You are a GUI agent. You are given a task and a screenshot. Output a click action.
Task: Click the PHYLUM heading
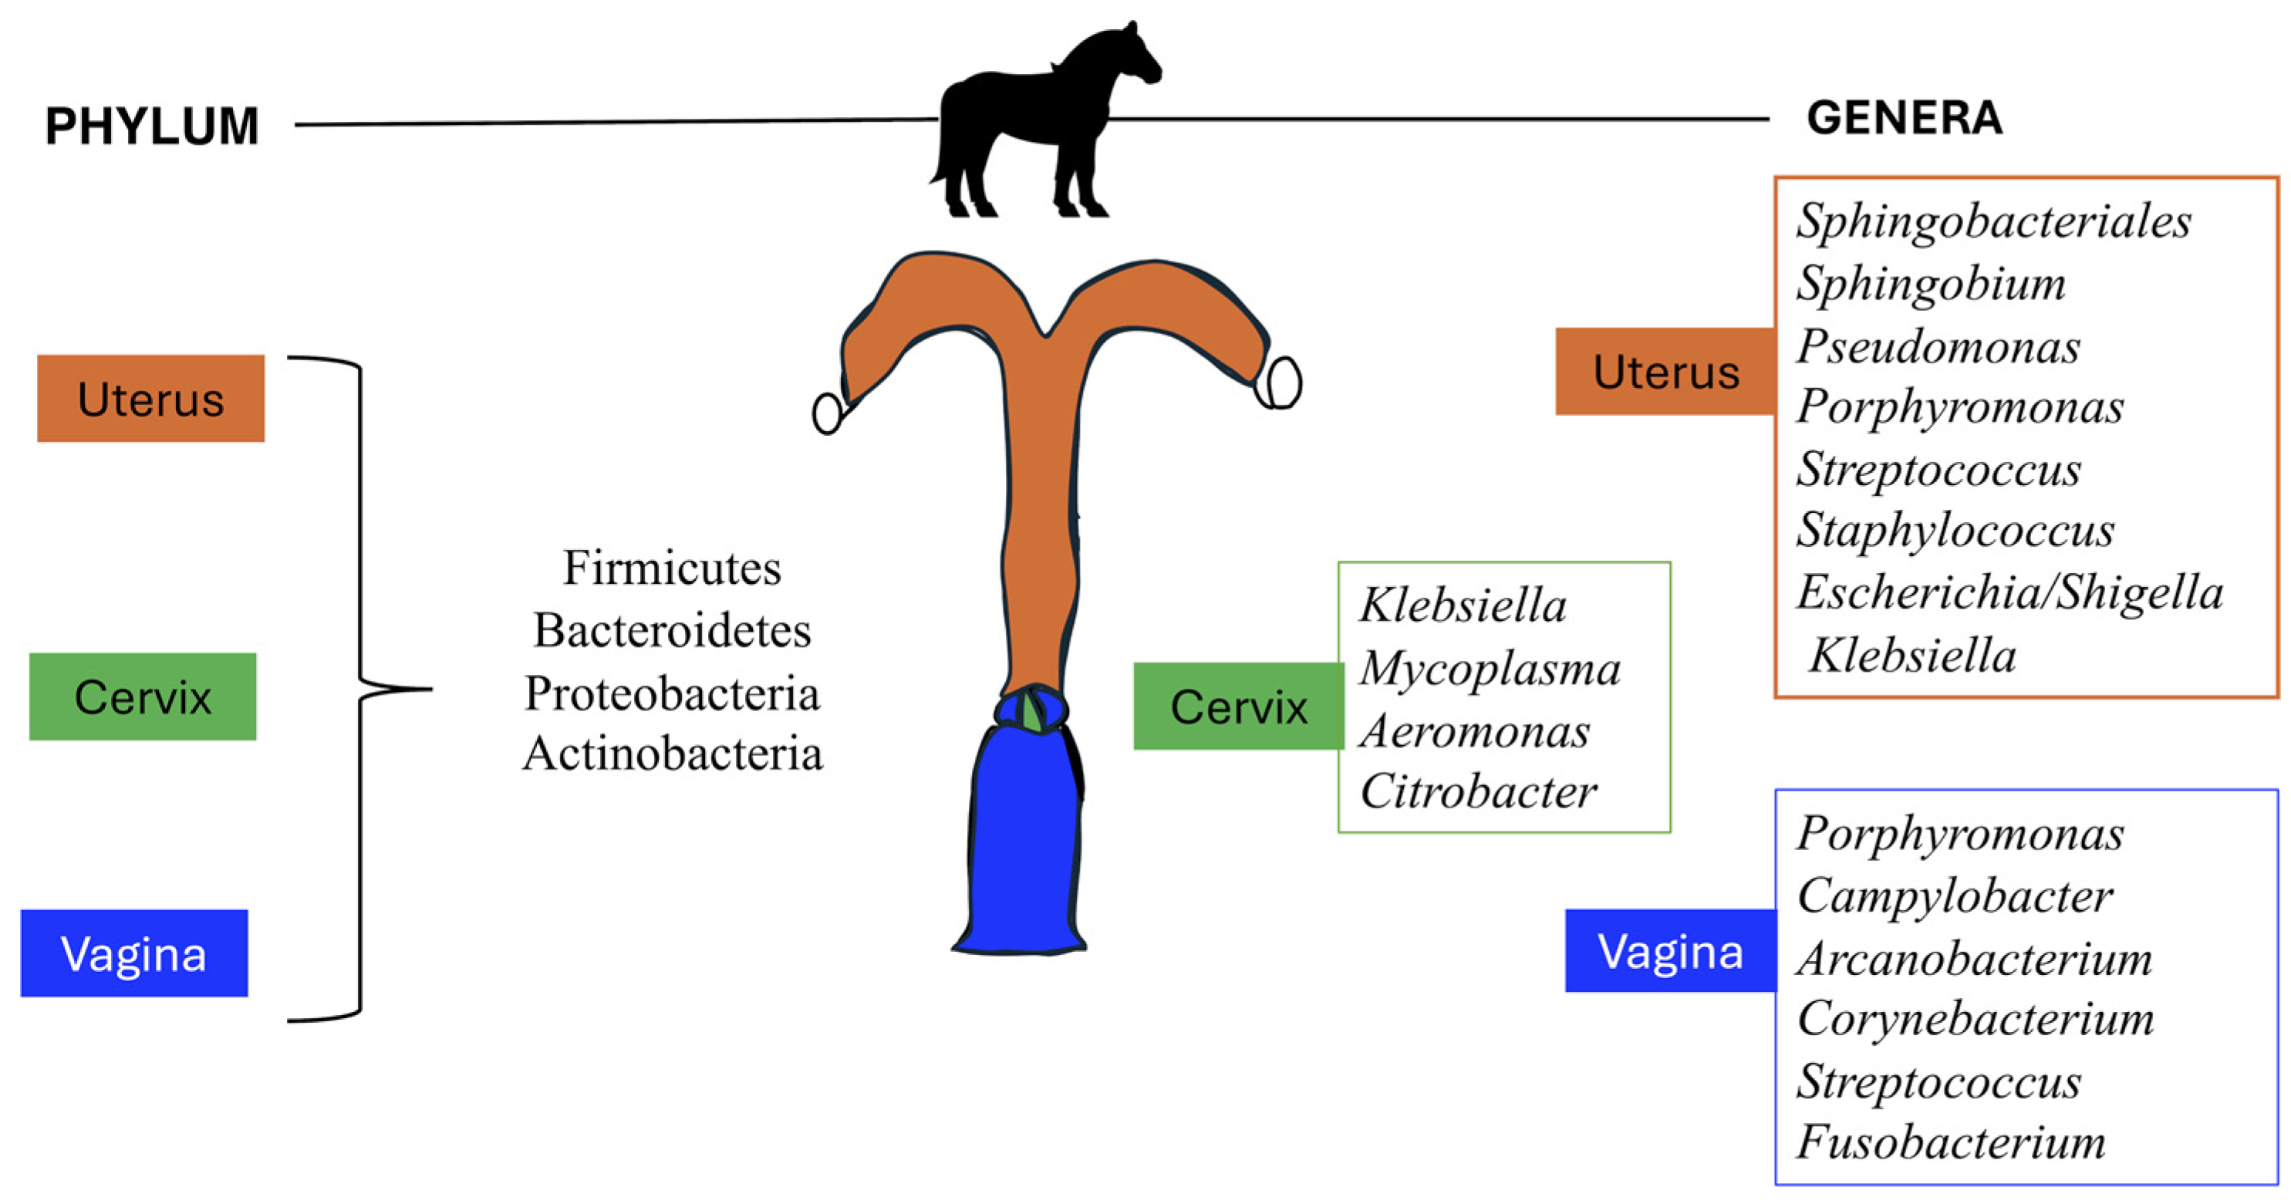(152, 126)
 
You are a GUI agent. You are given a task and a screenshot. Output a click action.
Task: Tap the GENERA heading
(1904, 117)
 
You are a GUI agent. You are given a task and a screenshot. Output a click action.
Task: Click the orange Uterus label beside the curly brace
(150, 398)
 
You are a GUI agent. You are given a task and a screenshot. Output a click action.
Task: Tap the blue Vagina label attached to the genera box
(1669, 950)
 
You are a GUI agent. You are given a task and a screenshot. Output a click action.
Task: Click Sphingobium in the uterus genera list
(1931, 284)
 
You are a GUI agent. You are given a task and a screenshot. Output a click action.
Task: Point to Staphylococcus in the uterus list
(1955, 530)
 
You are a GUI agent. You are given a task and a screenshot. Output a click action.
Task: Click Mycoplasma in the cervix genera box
(1490, 669)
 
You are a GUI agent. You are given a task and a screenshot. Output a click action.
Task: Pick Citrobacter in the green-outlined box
(1477, 791)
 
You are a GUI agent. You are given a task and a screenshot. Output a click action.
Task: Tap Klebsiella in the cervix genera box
(1462, 605)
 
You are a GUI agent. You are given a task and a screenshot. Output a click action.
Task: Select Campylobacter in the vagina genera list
(1954, 895)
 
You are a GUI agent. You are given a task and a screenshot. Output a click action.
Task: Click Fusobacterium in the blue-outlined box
(1950, 1142)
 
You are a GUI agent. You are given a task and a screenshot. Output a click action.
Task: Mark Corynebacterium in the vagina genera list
(1975, 1019)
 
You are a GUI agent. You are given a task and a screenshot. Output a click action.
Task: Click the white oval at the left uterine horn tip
(827, 413)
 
